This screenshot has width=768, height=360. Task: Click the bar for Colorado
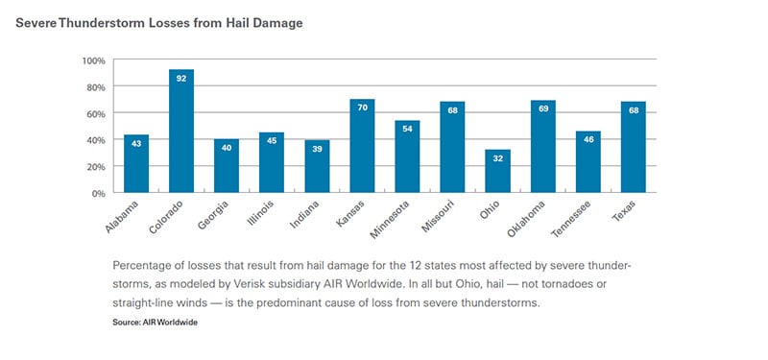pos(181,132)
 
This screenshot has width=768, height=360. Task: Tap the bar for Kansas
pos(362,146)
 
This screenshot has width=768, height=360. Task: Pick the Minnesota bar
pos(407,156)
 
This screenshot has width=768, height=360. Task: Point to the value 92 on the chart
pos(181,80)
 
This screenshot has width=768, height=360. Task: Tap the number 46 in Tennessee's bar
pos(588,141)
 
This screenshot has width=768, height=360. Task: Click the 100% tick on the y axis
pos(92,60)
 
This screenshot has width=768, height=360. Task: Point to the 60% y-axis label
pos(94,113)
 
